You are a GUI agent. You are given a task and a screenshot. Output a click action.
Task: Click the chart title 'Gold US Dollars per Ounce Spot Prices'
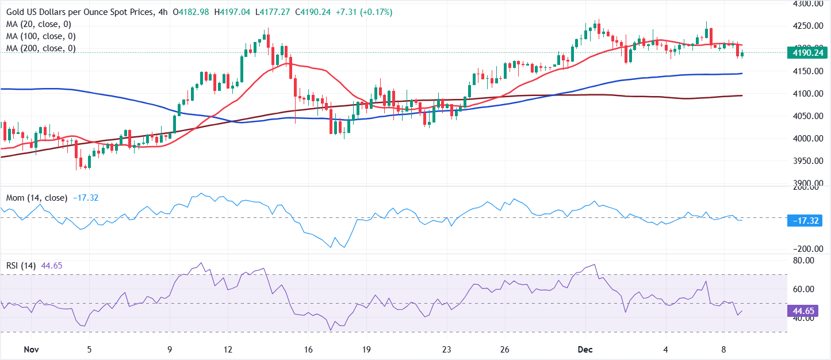click(x=81, y=12)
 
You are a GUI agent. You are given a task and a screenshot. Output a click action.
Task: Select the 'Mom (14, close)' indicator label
click(x=37, y=198)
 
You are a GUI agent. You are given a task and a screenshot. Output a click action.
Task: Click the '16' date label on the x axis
click(x=308, y=350)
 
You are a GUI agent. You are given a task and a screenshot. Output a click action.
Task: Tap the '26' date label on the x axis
click(x=505, y=350)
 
